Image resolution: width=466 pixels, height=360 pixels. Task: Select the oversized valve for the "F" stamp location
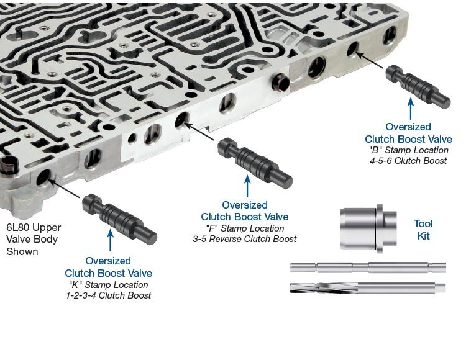tap(255, 163)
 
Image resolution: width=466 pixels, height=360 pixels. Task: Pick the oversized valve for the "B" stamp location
tap(418, 87)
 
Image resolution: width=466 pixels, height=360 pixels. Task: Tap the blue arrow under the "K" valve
tap(110, 240)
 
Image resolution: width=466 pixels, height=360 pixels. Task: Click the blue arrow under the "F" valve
tap(247, 186)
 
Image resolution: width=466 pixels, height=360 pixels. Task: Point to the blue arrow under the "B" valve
tap(411, 109)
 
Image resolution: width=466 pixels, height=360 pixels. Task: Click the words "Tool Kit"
tap(423, 230)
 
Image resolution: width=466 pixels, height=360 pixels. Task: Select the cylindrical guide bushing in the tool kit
tap(368, 228)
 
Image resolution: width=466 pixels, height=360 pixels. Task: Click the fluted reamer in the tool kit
tap(368, 287)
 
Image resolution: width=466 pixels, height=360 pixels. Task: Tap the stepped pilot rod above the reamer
tap(368, 268)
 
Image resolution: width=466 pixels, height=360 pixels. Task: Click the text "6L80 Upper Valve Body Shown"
tap(34, 240)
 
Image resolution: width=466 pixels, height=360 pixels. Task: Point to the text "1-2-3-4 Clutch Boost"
tap(109, 295)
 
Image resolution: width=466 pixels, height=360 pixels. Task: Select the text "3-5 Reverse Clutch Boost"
tap(245, 239)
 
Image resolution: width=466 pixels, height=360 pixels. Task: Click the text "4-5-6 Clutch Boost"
tap(408, 161)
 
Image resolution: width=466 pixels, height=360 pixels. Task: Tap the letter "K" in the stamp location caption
tap(75, 285)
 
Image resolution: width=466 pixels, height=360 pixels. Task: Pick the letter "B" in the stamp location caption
tap(375, 150)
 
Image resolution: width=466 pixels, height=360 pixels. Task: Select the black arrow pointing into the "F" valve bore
tap(199, 131)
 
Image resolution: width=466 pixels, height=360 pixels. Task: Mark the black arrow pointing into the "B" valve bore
tap(369, 60)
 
